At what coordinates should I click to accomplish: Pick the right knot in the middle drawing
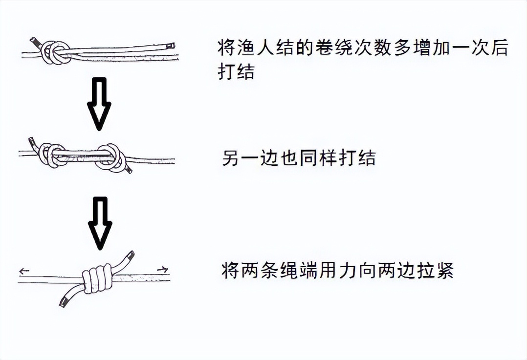pos(110,157)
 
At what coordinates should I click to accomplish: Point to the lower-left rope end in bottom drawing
pos(63,302)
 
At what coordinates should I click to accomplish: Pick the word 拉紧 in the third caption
pos(438,270)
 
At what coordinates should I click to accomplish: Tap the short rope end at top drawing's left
pos(34,42)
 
